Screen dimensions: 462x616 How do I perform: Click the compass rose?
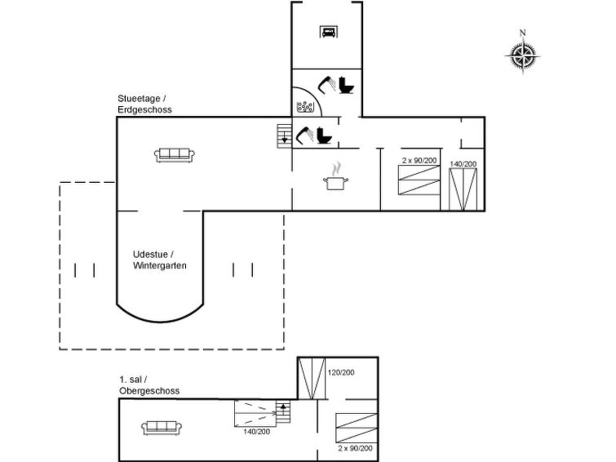point(523,55)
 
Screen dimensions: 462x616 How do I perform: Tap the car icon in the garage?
point(328,33)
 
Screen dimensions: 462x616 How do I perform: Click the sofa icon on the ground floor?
point(174,154)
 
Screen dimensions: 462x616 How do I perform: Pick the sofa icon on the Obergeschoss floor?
point(162,426)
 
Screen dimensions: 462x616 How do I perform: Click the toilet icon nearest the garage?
point(346,84)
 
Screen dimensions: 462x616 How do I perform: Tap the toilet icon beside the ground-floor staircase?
point(323,135)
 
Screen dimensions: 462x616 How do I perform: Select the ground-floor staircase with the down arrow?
point(284,135)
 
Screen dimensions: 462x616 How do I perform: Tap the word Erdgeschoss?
point(144,109)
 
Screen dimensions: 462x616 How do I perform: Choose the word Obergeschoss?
point(149,391)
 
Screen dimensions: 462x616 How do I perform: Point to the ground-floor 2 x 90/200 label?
point(419,160)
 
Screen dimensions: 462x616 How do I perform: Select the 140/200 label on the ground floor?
point(463,164)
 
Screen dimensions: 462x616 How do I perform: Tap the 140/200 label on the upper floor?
point(256,431)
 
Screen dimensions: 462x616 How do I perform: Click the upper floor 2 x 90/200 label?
point(356,448)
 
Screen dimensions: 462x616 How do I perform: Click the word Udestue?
point(151,254)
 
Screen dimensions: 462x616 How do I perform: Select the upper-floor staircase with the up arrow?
point(282,412)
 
